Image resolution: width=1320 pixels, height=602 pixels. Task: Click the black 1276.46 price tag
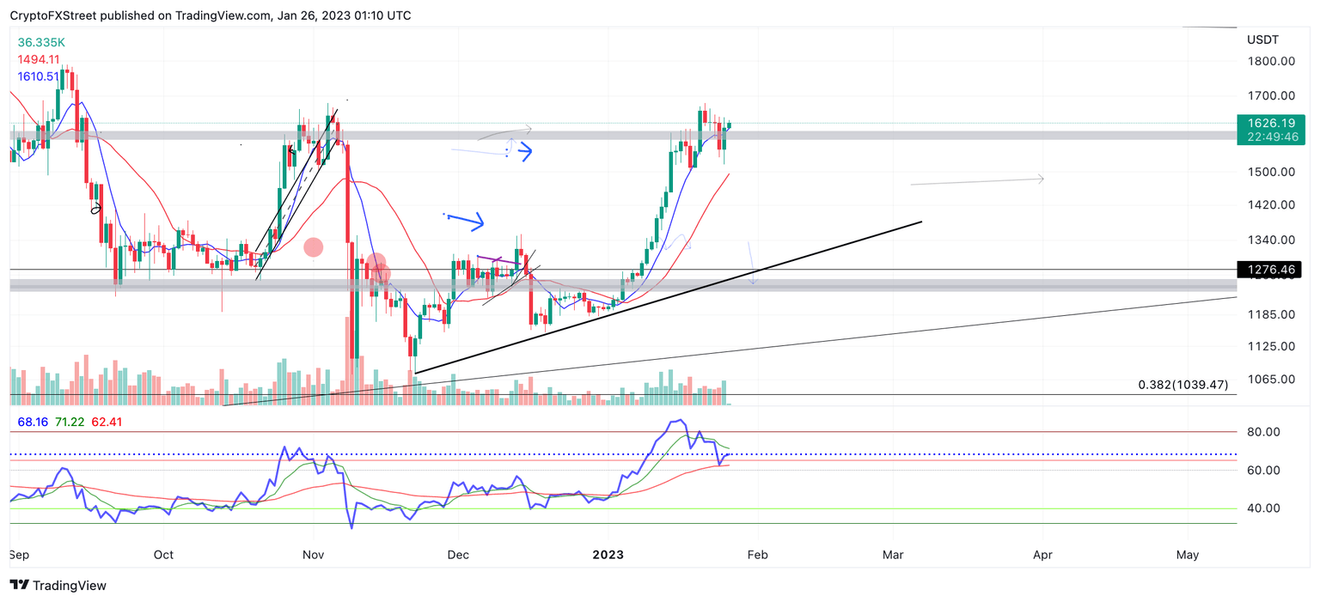point(1268,271)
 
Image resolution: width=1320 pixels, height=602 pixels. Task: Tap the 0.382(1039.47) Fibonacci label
point(1182,385)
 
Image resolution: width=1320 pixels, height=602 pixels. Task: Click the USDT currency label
point(1262,40)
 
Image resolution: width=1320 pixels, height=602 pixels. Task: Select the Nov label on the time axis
point(313,555)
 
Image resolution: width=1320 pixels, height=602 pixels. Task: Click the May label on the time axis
point(1188,555)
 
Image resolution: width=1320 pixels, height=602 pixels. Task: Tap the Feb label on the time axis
point(756,555)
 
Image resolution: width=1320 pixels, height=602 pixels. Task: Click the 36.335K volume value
point(41,42)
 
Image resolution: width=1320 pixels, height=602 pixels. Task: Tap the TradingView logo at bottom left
point(58,586)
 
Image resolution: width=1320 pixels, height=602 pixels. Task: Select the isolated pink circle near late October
point(313,247)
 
